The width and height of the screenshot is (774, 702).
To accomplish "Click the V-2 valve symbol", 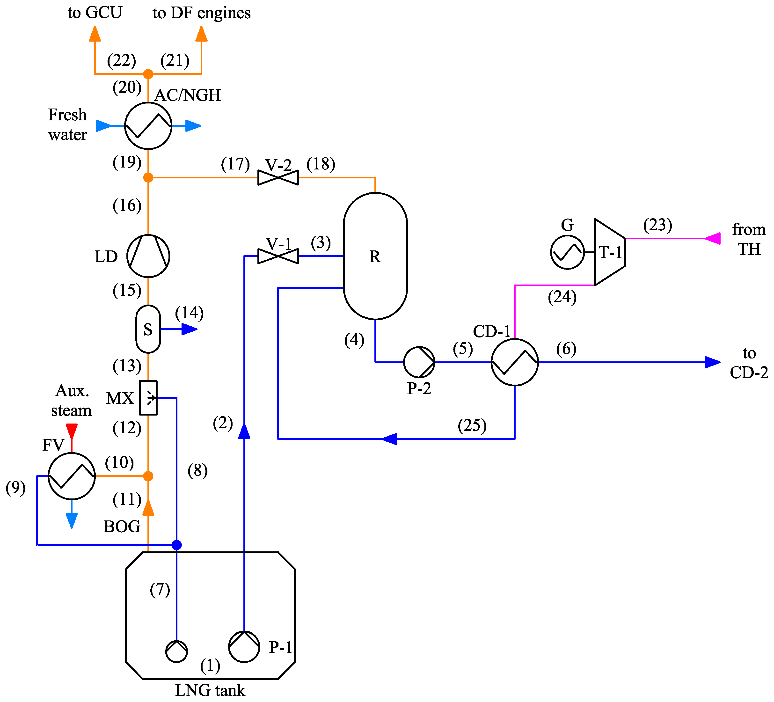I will [278, 177].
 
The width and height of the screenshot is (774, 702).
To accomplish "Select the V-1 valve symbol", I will [278, 256].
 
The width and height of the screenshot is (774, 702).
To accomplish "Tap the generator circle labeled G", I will [567, 252].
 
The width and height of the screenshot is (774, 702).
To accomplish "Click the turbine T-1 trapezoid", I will [610, 252].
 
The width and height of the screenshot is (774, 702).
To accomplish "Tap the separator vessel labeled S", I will [148, 329].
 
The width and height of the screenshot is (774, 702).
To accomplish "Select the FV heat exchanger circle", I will [72, 476].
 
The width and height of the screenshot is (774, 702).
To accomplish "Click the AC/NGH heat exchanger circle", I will [148, 125].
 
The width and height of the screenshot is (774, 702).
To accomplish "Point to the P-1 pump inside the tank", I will [244, 647].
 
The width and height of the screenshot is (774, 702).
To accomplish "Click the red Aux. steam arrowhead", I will [72, 430].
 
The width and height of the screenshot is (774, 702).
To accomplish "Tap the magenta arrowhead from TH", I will [713, 239].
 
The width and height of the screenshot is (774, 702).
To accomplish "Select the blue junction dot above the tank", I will [177, 545].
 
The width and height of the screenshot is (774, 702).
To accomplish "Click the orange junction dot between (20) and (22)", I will [148, 74].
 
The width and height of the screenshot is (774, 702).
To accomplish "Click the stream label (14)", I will [189, 313].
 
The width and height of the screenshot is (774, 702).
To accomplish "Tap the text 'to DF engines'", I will [202, 13].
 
